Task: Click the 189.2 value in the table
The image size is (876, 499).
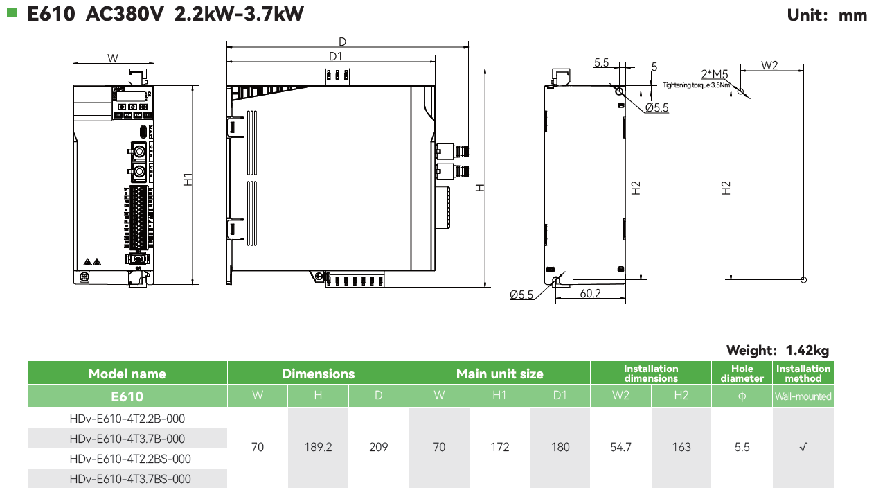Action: point(319,447)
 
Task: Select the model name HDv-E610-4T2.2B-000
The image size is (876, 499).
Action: point(127,419)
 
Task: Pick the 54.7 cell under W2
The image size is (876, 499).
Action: point(620,447)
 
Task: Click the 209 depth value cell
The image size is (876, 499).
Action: point(379,447)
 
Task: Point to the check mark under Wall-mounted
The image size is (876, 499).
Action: point(803,447)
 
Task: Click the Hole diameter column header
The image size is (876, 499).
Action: point(742,374)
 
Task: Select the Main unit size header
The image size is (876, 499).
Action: point(499,374)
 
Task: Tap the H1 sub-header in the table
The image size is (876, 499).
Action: point(499,396)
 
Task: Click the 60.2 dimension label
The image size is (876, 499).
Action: point(590,294)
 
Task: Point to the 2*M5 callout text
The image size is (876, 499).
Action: point(715,74)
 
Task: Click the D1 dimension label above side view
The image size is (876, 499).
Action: point(337,56)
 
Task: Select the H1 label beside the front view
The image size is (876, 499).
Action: point(188,179)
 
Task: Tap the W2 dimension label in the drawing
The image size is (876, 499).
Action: point(769,65)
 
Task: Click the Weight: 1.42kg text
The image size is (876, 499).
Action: point(777,350)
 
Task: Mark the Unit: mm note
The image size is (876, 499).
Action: point(827,15)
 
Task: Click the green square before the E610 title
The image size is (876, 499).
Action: point(12,12)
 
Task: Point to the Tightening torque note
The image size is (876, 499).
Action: point(696,85)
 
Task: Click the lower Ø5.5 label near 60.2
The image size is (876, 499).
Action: point(521,295)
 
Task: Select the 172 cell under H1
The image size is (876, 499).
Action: point(499,447)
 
